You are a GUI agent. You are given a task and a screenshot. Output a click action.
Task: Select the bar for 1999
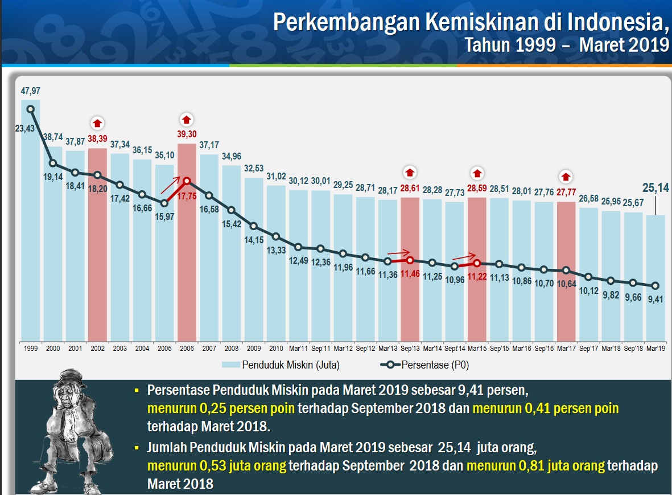[x=31, y=228]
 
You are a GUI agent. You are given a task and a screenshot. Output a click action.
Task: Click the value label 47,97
[x=31, y=91]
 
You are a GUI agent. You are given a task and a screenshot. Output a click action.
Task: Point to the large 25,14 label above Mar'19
[x=655, y=186]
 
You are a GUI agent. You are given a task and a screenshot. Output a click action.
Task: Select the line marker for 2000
[x=53, y=163]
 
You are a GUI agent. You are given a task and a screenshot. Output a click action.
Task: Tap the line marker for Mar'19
[x=655, y=286]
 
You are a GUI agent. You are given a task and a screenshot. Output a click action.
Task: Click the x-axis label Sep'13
[x=410, y=348]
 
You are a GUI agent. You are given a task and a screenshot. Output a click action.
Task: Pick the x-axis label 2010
[x=276, y=348]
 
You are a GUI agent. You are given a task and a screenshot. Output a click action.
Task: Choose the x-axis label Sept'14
[x=455, y=348]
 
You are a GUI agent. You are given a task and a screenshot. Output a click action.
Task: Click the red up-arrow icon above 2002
[x=97, y=122]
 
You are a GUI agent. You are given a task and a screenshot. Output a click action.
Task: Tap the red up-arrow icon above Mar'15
[x=477, y=172]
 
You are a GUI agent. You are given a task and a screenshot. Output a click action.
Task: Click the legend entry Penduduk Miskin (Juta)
[x=283, y=365]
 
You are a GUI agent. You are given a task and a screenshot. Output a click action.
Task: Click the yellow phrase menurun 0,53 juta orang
[x=216, y=465]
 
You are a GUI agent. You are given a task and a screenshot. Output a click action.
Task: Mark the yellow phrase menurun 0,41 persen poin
[x=545, y=408]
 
